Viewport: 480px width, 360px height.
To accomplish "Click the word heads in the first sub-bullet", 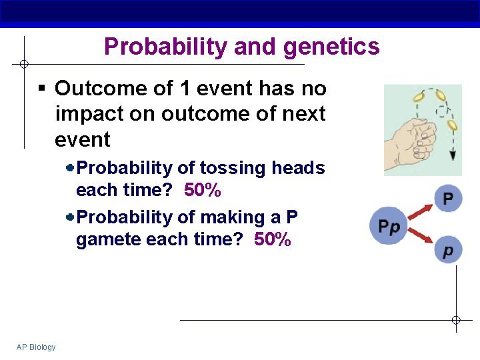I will pos(298,168).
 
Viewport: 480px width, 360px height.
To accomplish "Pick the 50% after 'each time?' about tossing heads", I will pos(203,191).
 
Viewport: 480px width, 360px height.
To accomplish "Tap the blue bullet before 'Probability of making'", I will pos(71,217).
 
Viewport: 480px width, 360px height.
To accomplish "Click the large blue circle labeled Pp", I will pos(389,225).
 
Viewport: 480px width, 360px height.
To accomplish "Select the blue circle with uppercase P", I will pos(448,199).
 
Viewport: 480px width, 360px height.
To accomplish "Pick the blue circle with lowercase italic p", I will pos(448,250).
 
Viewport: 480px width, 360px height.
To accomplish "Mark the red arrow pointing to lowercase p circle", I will pos(421,239).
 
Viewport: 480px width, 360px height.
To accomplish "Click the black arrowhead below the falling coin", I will pos(453,155).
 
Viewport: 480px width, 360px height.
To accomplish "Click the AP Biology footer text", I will pos(36,347).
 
